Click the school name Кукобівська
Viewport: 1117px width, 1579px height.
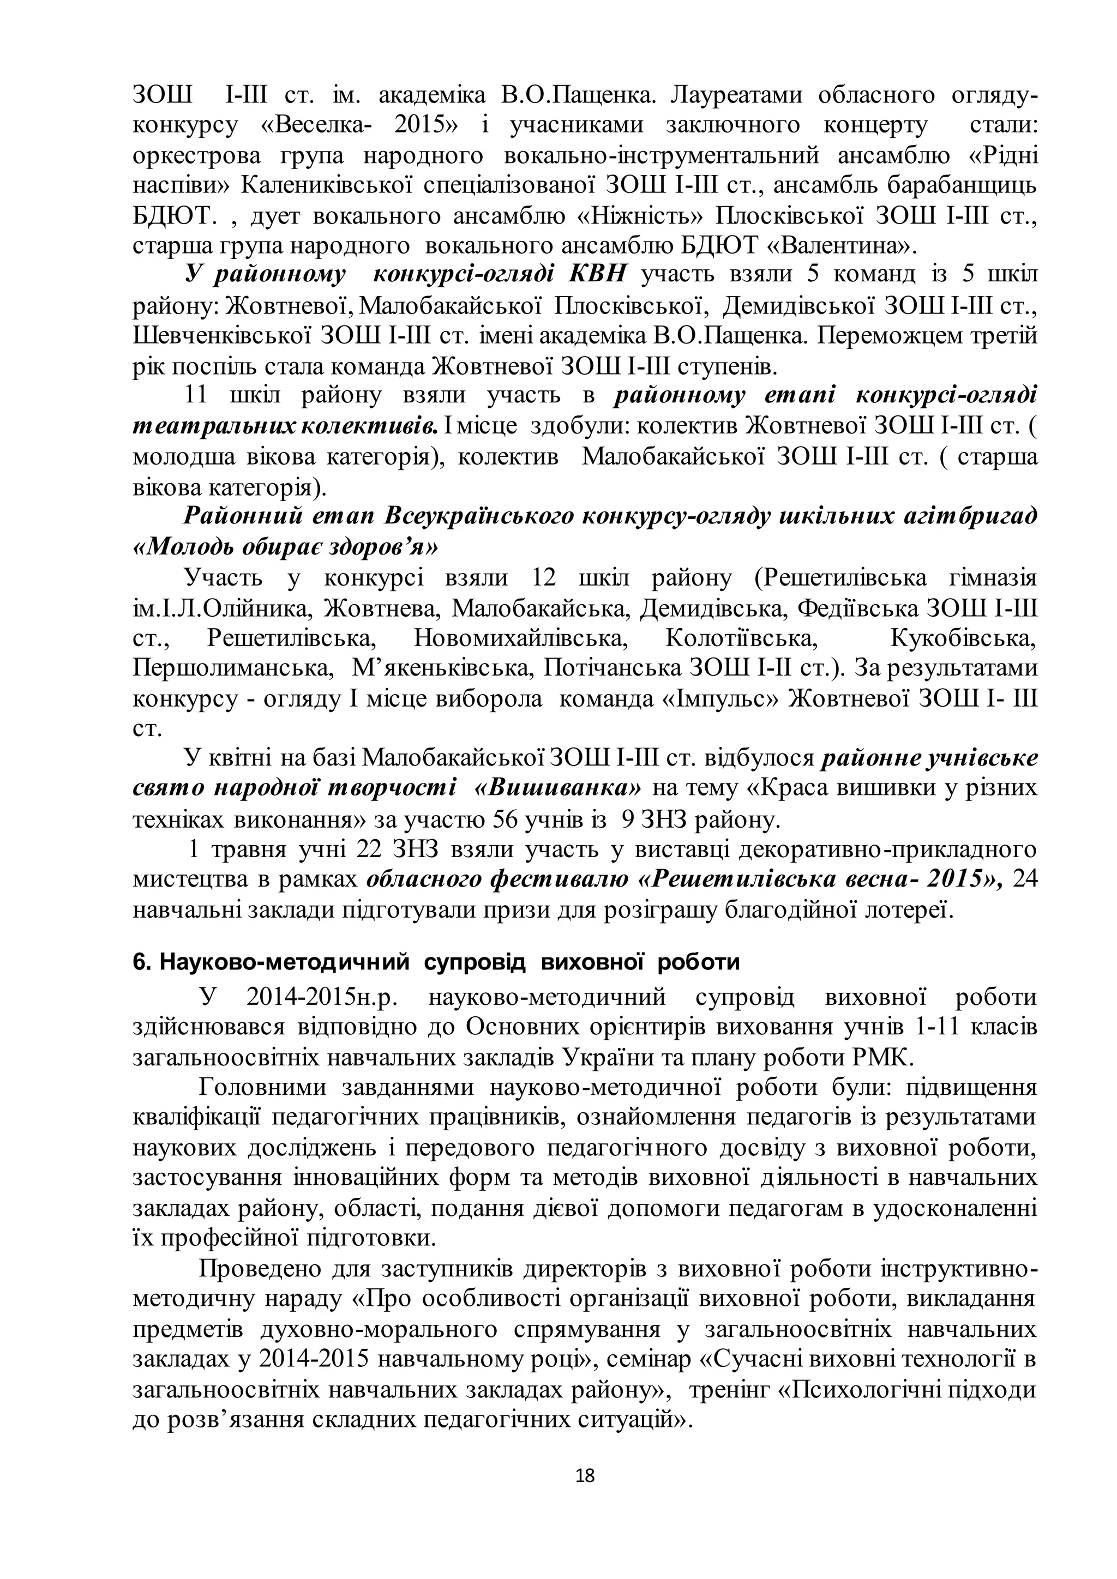coord(963,639)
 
